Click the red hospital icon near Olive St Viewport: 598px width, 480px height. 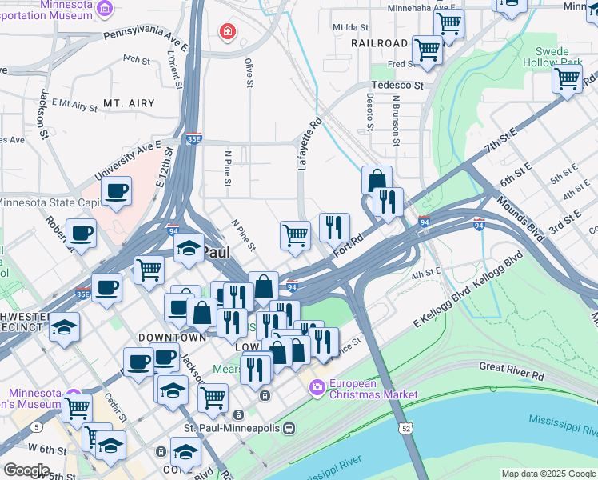228,31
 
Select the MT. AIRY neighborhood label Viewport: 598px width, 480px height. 128,103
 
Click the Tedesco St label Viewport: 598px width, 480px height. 397,85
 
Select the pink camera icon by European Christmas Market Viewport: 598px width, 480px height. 317,388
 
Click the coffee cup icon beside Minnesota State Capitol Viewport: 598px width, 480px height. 117,191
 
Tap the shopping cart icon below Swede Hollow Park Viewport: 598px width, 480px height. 567,78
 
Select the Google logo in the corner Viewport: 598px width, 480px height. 26,470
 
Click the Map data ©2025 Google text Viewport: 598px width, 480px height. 548,474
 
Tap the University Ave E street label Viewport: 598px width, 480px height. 128,161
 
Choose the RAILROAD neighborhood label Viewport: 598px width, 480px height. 378,43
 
